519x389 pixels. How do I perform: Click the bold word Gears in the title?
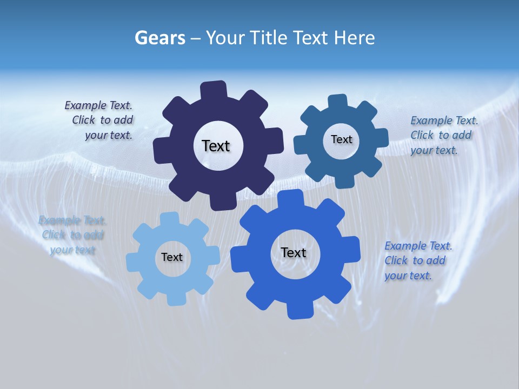click(160, 38)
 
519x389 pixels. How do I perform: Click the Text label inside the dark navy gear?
click(216, 146)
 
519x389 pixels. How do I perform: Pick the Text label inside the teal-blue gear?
click(341, 139)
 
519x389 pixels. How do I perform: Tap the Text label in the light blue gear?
click(172, 257)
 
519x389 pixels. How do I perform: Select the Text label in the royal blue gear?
click(294, 252)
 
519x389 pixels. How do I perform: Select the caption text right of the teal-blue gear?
click(442, 135)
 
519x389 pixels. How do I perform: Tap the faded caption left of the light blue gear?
click(72, 235)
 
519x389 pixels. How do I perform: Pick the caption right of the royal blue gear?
click(417, 260)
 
